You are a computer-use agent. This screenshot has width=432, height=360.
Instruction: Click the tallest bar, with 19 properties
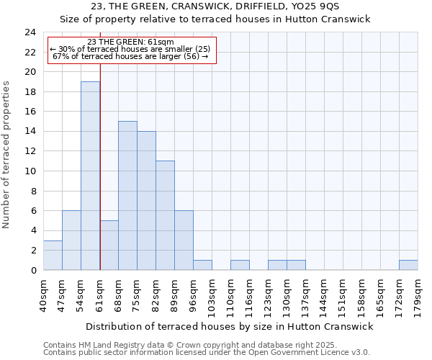click(x=90, y=176)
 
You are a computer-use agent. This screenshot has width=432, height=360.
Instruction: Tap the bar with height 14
click(x=146, y=201)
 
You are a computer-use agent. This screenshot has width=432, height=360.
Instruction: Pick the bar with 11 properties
click(x=165, y=215)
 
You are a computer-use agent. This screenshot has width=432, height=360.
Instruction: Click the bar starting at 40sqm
click(x=53, y=256)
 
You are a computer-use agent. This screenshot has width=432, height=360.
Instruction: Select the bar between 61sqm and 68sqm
click(x=109, y=246)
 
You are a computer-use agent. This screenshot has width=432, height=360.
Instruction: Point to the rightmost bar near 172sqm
click(x=408, y=265)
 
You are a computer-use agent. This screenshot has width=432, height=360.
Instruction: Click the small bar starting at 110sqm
click(x=240, y=265)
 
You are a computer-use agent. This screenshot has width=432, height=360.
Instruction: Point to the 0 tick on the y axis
click(x=33, y=271)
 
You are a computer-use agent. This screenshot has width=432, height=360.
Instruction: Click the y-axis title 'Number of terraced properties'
click(x=6, y=155)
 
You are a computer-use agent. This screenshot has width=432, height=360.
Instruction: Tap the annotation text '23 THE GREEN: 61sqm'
click(x=130, y=42)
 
